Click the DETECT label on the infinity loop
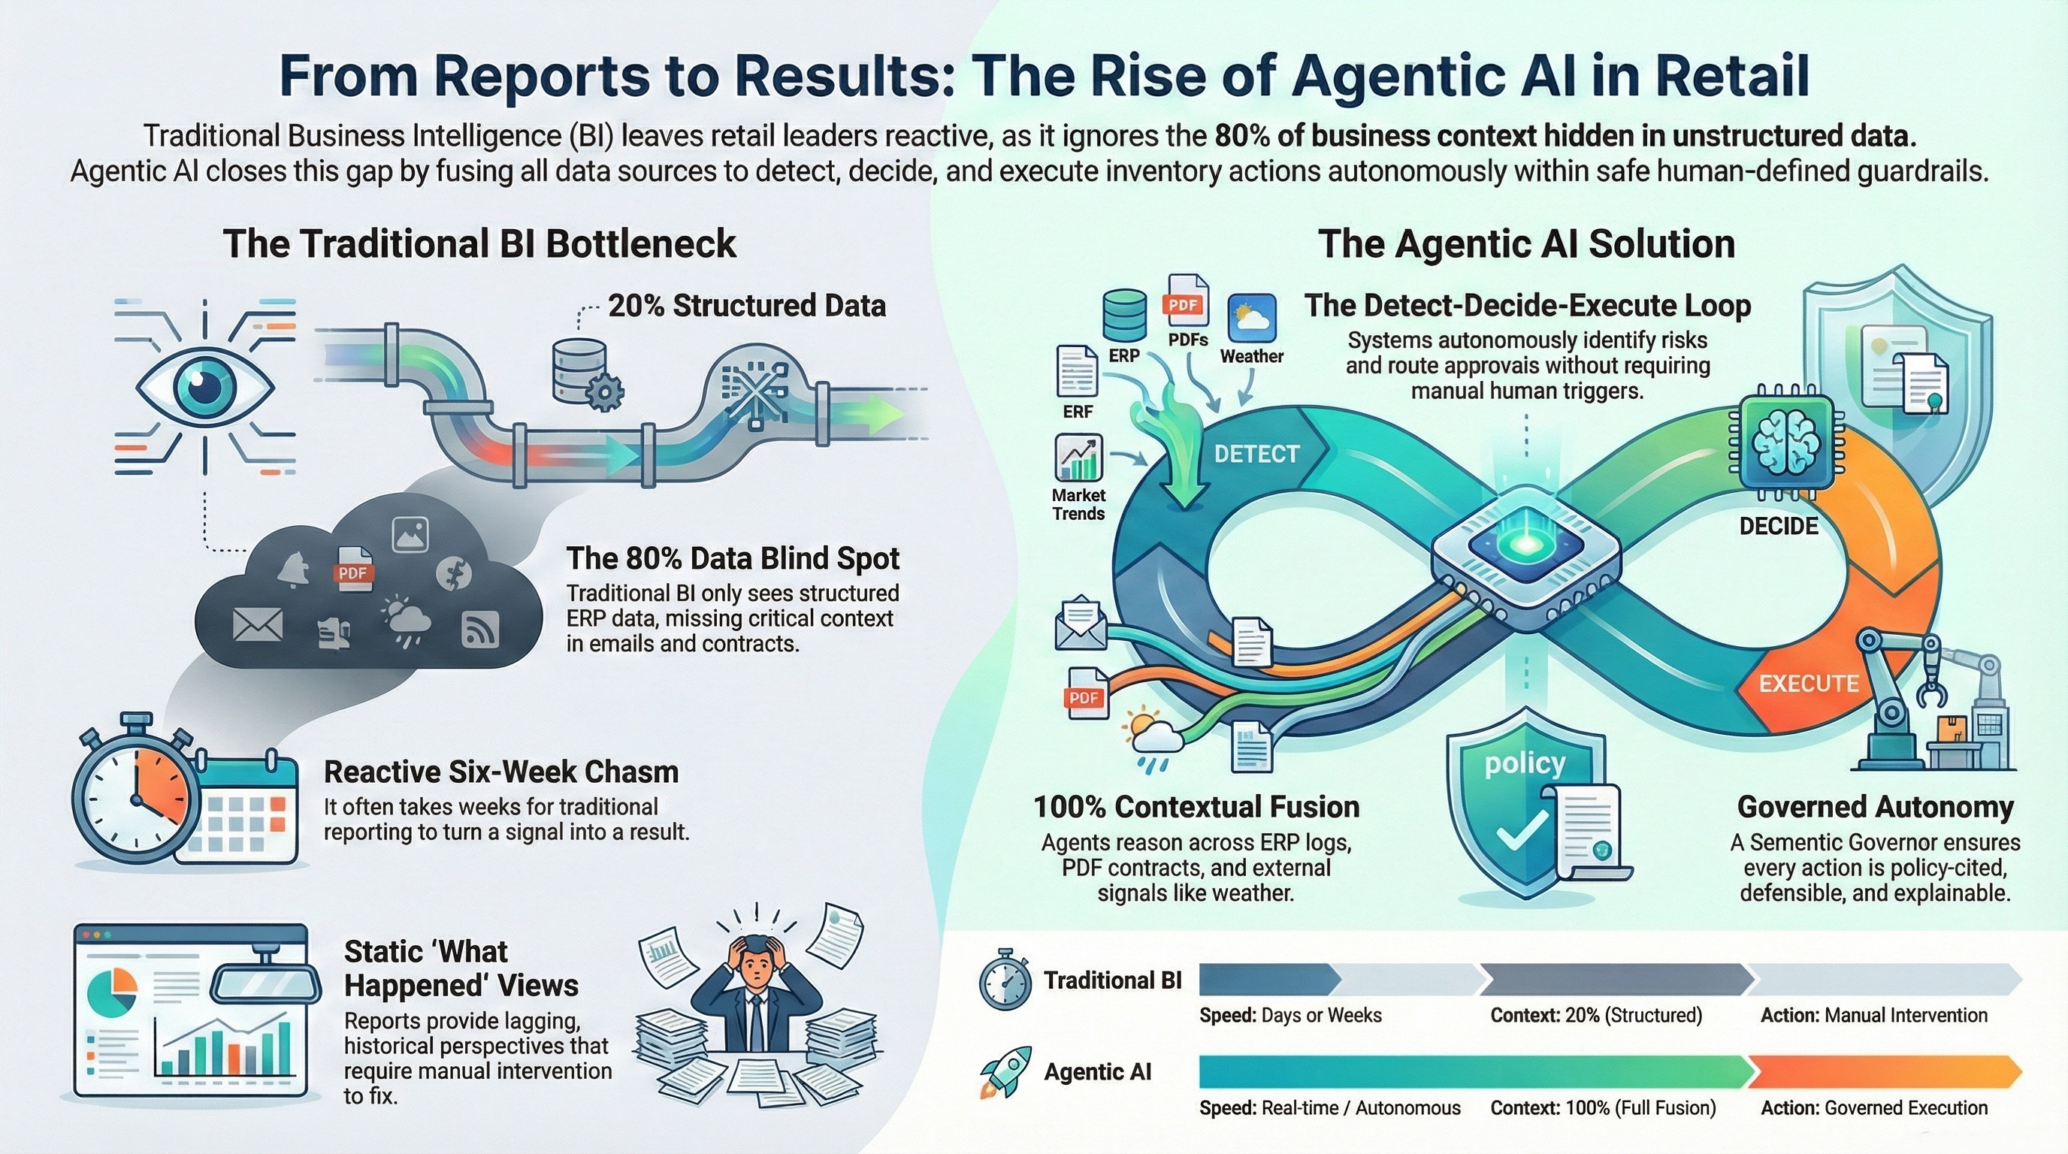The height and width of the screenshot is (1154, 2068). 1256,455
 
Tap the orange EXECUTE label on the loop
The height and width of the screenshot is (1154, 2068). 1809,683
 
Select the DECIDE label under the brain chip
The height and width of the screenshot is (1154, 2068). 1778,527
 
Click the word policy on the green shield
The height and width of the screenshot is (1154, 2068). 1525,763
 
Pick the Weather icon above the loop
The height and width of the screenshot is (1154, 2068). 1252,319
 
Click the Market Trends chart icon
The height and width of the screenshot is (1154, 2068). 1078,458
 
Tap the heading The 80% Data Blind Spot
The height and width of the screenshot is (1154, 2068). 732,557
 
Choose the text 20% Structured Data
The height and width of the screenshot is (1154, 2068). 747,306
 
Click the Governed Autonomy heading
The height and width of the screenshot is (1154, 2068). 1876,806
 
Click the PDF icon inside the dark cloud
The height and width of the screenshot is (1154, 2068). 352,569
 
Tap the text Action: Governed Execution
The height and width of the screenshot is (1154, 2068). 1873,1108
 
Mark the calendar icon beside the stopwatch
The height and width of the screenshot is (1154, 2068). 240,811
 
